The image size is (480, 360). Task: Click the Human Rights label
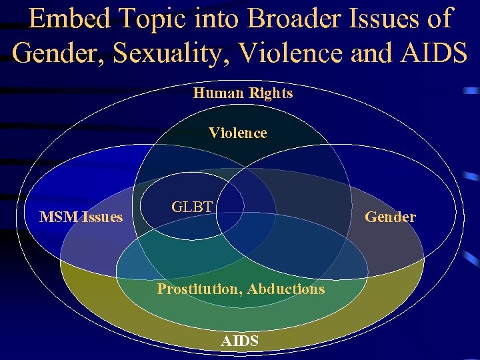pos(243,93)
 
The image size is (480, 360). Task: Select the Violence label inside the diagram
pos(238,133)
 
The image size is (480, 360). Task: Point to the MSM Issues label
pos(81,217)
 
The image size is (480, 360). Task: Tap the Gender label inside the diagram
pos(390,217)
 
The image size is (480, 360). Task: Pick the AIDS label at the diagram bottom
pos(240,341)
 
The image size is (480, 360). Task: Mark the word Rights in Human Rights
pos(272,93)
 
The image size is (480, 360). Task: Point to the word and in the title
pos(370,52)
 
